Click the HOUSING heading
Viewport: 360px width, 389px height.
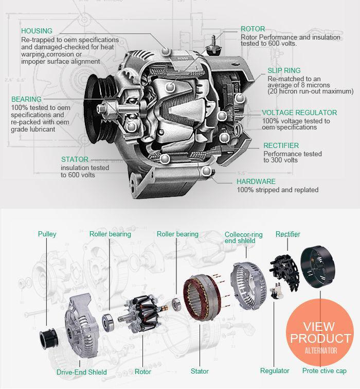click(37, 31)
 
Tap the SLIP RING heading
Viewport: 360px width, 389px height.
click(284, 70)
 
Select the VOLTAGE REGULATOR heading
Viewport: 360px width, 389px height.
click(299, 113)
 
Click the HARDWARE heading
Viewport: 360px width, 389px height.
click(256, 181)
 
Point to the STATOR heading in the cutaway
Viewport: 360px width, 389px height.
click(75, 159)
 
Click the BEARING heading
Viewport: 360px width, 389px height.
click(26, 99)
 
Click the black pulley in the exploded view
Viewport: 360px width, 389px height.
click(49, 339)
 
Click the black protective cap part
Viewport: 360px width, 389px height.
click(317, 267)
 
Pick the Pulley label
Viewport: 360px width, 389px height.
click(47, 234)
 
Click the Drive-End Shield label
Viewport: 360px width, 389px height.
click(82, 372)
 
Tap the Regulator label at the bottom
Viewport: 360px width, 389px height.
click(275, 371)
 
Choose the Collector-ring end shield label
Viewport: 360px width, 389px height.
click(244, 238)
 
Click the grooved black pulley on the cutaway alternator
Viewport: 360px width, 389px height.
click(99, 108)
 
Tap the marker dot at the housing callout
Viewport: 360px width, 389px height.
click(166, 51)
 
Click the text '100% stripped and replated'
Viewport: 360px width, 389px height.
click(278, 190)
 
